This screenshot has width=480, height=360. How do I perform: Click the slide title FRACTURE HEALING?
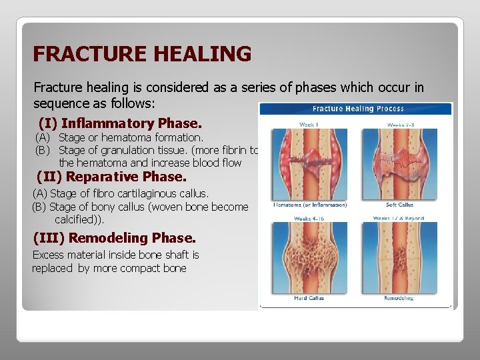142,53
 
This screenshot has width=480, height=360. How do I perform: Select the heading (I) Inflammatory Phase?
120,123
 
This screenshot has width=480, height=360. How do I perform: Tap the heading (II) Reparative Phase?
112,177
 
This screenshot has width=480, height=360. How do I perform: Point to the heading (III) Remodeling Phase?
114,238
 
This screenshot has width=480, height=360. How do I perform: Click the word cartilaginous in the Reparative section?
134,194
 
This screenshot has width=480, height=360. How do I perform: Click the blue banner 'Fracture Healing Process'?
355,109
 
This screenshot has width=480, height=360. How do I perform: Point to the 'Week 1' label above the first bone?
308,124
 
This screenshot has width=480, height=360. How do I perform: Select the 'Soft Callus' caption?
400,205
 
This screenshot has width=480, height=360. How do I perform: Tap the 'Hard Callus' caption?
309,298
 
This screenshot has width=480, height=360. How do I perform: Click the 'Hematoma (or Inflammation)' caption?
309,205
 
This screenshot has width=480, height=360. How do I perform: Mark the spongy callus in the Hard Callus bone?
309,257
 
